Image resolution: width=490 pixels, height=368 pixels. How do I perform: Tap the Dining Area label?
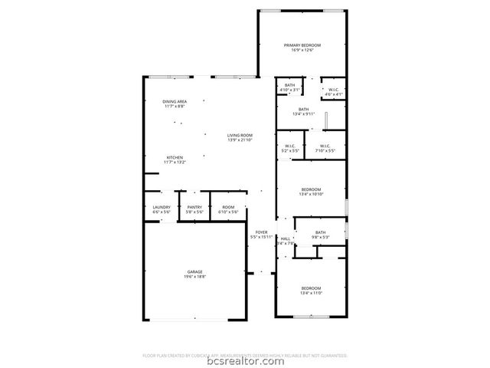point(175,101)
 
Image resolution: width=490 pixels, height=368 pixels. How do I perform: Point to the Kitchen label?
point(175,157)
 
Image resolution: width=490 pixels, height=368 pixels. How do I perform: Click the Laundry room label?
point(162,206)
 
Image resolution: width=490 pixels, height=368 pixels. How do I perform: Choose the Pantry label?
point(194,206)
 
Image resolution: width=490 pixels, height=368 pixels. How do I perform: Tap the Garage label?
point(195,271)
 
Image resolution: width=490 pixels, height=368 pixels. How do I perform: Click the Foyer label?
point(261,232)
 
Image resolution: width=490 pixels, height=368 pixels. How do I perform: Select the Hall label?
point(286,238)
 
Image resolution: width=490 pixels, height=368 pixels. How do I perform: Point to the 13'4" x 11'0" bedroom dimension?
point(311,293)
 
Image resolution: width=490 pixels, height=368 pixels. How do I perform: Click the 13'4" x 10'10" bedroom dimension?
point(311,194)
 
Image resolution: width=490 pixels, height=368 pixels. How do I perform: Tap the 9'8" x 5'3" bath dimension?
point(320,238)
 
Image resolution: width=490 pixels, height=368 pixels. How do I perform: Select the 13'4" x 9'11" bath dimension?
point(304,114)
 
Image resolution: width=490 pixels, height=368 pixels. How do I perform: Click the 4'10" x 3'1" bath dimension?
point(289,90)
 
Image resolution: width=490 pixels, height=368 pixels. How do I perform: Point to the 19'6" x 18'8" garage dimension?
point(195,276)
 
